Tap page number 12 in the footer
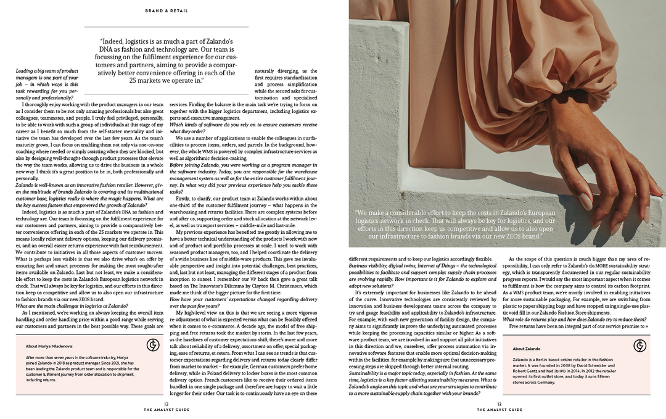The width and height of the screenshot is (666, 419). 166,404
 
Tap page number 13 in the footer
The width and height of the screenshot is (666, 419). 499,404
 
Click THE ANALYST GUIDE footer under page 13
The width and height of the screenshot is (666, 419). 499,410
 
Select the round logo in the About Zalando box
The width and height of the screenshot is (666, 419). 639,346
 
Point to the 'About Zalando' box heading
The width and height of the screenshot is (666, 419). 526,349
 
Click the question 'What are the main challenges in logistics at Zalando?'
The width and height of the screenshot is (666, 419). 72,306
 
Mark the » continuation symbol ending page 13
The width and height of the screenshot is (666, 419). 647,326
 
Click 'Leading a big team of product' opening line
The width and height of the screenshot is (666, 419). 47,71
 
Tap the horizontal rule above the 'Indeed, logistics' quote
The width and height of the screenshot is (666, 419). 166,27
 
